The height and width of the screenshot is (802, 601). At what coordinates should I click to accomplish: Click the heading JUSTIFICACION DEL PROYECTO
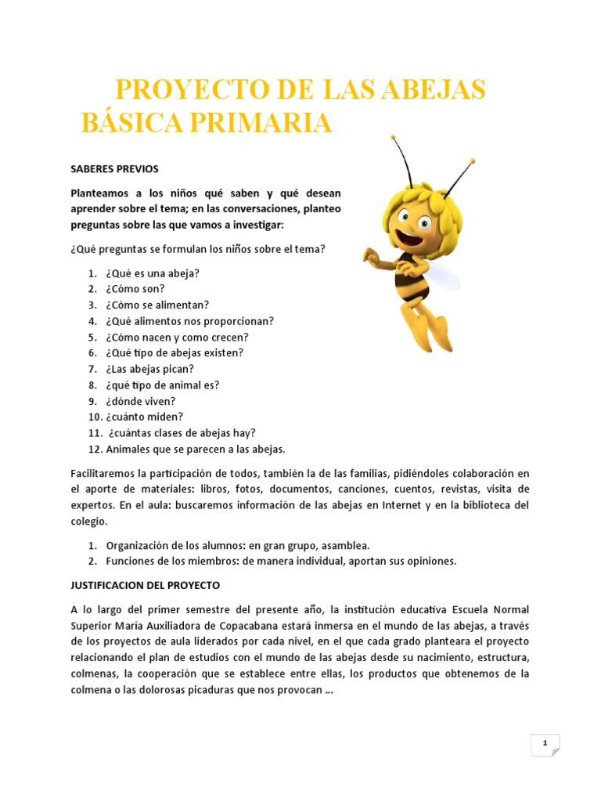(x=146, y=585)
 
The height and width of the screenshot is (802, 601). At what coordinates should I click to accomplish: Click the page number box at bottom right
(x=545, y=745)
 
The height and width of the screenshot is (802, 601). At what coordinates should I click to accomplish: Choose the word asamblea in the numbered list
(x=347, y=545)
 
